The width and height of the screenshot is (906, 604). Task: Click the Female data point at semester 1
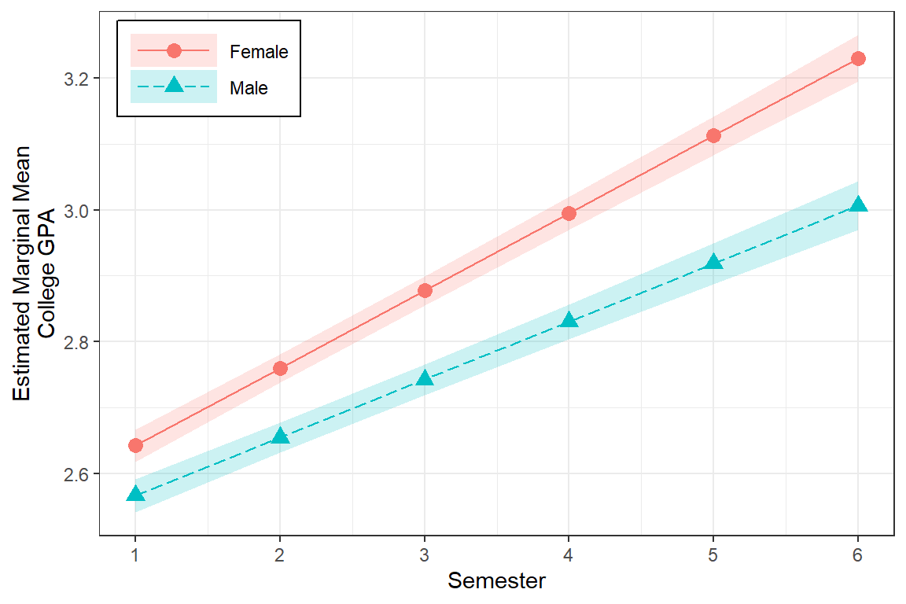click(x=135, y=446)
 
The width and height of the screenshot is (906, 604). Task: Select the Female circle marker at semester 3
click(x=425, y=291)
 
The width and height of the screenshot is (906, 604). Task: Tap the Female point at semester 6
click(x=858, y=58)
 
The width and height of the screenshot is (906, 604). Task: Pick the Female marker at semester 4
click(x=569, y=213)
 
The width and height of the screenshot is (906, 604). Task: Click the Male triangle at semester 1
click(x=135, y=494)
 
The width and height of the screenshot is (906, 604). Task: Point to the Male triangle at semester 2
click(x=280, y=436)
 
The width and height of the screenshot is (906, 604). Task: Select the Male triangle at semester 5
click(x=713, y=262)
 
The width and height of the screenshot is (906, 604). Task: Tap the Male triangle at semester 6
click(x=858, y=205)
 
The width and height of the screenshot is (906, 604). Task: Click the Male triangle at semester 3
click(x=425, y=378)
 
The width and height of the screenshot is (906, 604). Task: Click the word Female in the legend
click(x=259, y=53)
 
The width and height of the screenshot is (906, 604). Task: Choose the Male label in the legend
click(x=249, y=88)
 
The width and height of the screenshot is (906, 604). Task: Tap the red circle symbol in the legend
click(x=174, y=51)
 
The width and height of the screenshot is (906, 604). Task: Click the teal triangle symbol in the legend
click(x=174, y=87)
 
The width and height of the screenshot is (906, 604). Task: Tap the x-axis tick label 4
click(x=569, y=555)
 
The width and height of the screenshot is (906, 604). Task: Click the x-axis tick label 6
click(x=858, y=555)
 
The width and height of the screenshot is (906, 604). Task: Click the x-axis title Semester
click(x=496, y=581)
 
